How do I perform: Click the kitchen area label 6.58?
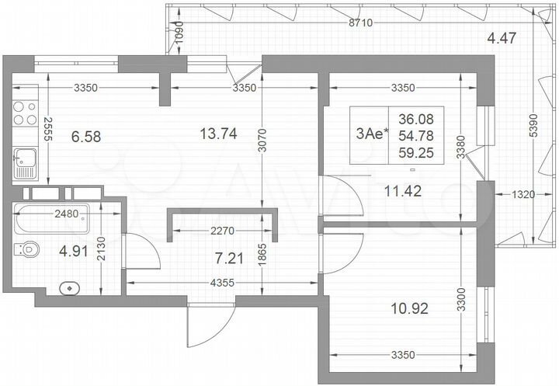[x=87, y=137]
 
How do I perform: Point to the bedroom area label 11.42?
[x=404, y=190]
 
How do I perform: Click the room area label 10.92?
[x=411, y=308]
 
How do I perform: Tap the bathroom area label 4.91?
[x=71, y=250]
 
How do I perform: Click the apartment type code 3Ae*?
[x=370, y=134]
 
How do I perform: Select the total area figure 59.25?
[x=416, y=153]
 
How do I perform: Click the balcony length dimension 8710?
[x=361, y=23]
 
